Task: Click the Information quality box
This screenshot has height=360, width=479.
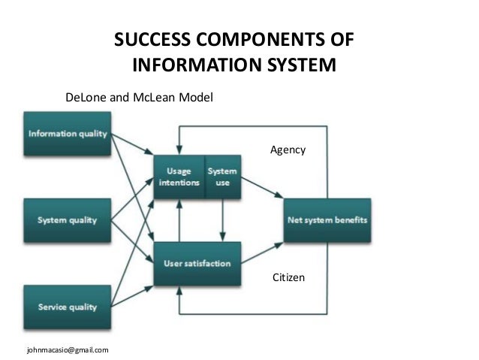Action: click(x=68, y=135)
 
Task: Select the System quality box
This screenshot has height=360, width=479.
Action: click(x=68, y=220)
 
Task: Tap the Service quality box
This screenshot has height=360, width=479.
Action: click(x=68, y=307)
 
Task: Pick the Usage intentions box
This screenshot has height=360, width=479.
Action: click(x=179, y=177)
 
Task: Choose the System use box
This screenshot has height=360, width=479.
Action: click(x=223, y=177)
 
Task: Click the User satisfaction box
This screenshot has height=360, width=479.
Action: click(x=197, y=264)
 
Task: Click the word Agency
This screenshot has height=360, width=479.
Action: click(x=288, y=150)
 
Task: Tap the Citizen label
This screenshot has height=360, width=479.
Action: click(x=288, y=278)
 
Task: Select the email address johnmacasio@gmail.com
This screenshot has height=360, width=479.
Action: click(x=68, y=349)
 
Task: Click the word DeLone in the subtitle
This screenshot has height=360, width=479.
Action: click(x=86, y=98)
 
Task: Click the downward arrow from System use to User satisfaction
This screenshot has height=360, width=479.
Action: click(x=223, y=220)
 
